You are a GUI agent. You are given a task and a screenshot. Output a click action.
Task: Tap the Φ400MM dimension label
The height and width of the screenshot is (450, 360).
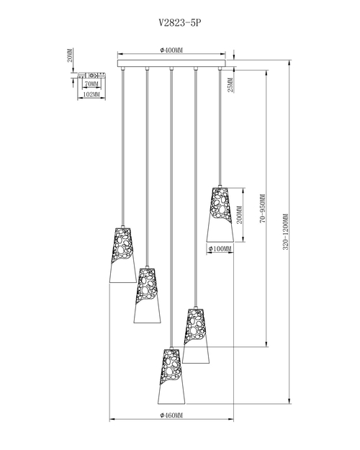[171, 50]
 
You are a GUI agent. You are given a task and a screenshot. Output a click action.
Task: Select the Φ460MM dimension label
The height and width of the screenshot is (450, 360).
[171, 415]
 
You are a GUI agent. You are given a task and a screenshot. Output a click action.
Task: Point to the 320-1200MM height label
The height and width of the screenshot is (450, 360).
[285, 232]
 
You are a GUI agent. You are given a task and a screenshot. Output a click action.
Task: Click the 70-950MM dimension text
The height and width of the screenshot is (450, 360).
[262, 209]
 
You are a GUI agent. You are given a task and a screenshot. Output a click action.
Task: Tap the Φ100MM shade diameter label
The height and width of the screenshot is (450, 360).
[220, 248]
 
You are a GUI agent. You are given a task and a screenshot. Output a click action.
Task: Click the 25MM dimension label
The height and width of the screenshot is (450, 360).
[230, 85]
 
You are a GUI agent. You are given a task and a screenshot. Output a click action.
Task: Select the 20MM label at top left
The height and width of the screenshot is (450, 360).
[69, 55]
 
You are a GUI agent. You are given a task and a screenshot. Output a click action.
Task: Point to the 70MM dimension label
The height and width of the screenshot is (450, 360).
[91, 84]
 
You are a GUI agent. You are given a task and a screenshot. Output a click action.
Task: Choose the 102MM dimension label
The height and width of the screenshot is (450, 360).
[91, 94]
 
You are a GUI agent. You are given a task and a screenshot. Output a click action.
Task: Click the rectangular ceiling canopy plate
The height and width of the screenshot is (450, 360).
[171, 63]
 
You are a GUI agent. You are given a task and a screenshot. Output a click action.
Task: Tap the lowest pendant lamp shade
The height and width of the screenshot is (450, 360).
[171, 377]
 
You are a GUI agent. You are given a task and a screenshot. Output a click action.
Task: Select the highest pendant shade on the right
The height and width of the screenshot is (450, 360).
[220, 215]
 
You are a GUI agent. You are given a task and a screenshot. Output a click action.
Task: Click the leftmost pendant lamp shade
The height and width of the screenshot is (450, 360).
[123, 256]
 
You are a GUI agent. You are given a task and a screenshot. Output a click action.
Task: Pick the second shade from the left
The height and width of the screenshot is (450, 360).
[148, 296]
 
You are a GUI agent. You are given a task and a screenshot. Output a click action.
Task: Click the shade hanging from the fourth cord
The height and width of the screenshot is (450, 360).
[196, 336]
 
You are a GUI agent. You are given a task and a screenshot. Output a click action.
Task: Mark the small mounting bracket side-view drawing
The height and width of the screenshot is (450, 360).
[91, 76]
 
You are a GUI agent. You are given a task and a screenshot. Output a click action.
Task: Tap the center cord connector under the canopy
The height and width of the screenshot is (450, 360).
[171, 68]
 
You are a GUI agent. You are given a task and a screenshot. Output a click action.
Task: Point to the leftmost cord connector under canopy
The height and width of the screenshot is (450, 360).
[123, 68]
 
